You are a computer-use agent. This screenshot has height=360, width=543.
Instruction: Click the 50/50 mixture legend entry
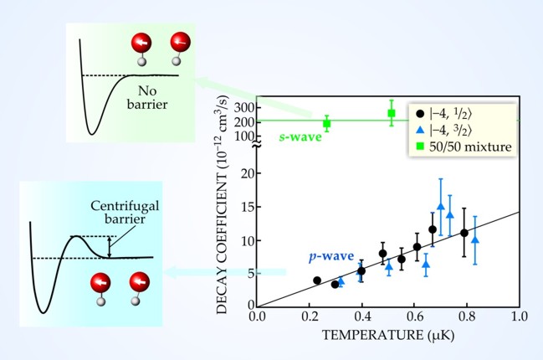[x=474, y=147]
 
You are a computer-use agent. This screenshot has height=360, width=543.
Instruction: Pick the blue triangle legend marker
[x=420, y=131]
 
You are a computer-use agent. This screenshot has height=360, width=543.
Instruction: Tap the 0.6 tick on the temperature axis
[x=414, y=316]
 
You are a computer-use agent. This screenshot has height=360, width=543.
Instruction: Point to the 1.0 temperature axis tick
[x=520, y=316]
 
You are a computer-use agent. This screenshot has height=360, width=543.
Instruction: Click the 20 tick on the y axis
[x=248, y=173]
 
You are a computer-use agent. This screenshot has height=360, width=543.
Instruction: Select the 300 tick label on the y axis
[x=243, y=108]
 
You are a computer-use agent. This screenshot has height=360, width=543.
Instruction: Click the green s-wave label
[x=296, y=135]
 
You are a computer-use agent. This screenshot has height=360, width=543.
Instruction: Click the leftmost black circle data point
[x=317, y=280]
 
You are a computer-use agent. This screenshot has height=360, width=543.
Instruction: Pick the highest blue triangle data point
[x=440, y=206]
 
